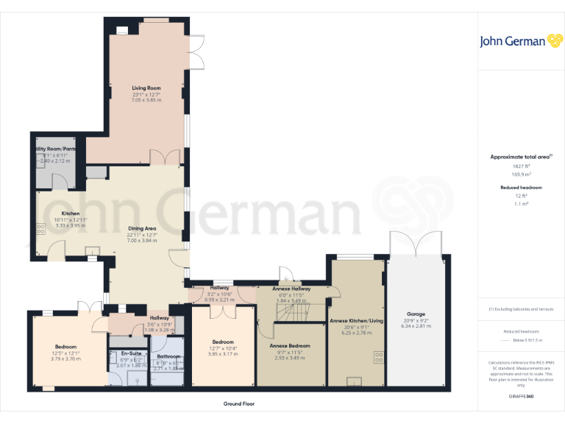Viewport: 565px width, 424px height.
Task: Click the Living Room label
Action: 146,88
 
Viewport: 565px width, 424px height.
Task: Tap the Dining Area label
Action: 142,228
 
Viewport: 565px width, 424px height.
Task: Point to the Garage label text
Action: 416,314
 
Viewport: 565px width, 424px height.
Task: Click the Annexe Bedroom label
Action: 289,345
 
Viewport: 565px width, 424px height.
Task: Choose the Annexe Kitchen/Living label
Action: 356,320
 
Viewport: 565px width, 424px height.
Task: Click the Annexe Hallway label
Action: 291,289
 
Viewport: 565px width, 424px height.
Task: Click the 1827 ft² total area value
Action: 521,167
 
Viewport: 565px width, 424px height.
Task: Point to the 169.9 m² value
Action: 521,174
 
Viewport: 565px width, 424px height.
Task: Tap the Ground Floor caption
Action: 239,404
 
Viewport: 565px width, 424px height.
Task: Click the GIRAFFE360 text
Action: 521,397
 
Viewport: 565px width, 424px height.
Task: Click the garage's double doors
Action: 416,243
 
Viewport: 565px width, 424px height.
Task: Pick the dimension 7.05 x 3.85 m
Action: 146,100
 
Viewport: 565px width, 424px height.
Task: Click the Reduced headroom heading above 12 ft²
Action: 521,188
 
